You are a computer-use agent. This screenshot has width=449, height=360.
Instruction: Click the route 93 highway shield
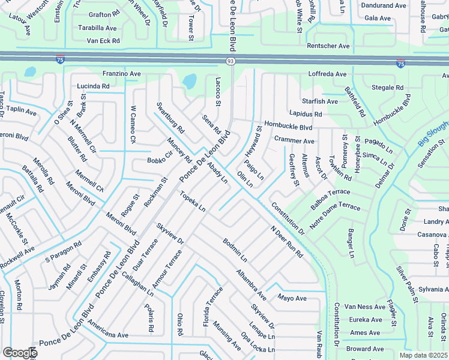click(231, 61)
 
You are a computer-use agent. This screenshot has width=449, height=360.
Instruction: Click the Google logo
click(19, 352)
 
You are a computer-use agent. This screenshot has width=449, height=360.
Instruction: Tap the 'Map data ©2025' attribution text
click(423, 355)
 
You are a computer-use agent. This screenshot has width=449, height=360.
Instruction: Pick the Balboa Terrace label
click(330, 200)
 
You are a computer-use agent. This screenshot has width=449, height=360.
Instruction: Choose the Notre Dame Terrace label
click(334, 215)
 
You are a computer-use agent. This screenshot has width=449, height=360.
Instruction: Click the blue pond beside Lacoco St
click(189, 80)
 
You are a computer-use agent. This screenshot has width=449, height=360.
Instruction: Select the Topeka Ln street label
click(193, 202)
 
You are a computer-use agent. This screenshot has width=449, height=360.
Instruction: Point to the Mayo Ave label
click(292, 298)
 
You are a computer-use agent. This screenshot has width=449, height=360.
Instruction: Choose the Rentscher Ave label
click(328, 46)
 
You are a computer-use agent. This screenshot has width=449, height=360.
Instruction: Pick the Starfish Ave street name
click(320, 101)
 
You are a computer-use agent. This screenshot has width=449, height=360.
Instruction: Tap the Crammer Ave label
click(294, 141)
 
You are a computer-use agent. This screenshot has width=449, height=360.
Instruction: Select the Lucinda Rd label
click(93, 86)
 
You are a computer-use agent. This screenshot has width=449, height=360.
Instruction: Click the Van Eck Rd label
click(103, 41)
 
